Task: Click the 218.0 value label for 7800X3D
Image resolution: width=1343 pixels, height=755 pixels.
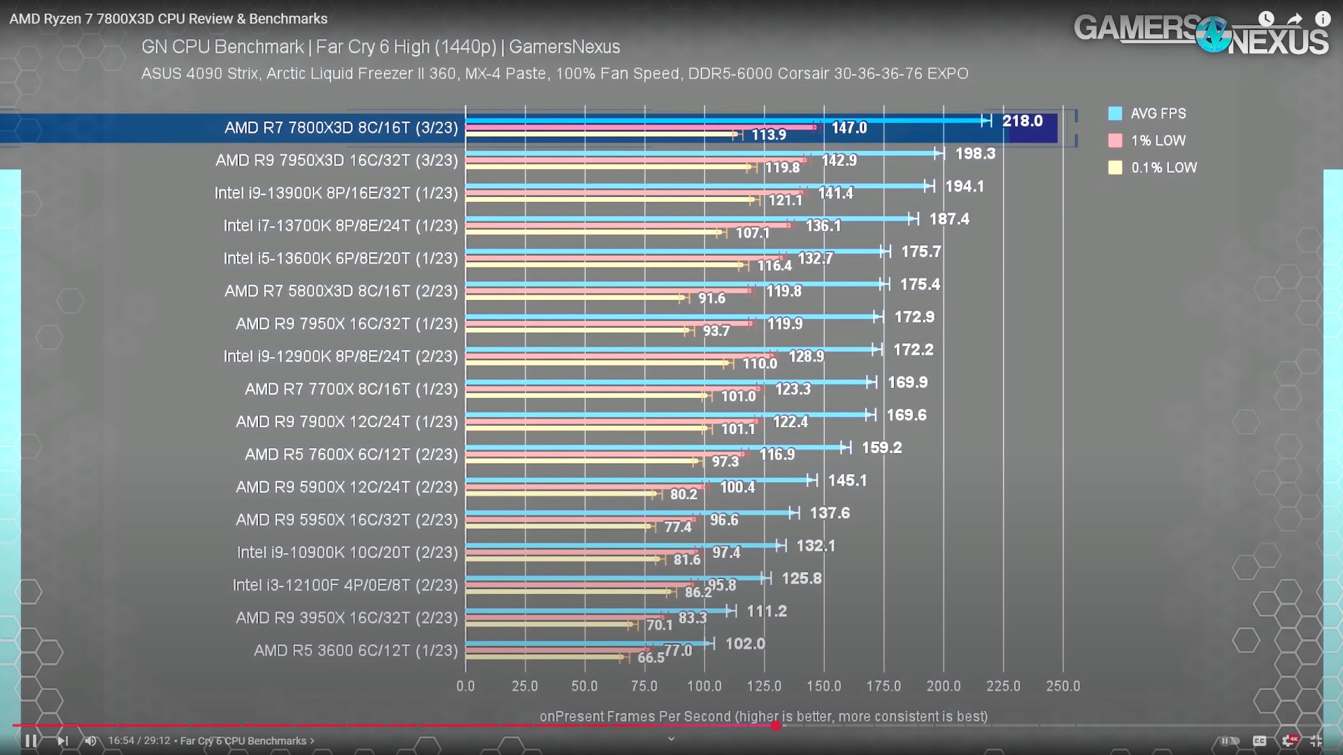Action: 1022,121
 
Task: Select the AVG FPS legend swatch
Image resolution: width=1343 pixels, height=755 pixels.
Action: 1115,113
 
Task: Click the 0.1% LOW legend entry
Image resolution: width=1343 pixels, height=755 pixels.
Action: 1163,168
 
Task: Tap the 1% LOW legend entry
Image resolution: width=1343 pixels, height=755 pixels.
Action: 1158,141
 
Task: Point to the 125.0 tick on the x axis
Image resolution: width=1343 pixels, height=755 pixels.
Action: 764,686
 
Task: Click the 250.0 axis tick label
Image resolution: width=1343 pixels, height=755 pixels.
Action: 1063,686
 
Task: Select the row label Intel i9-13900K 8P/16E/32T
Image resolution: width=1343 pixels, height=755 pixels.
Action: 336,193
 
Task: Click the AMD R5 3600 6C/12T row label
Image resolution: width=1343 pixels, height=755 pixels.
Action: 355,651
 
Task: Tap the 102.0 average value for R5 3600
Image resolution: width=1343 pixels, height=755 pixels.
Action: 745,644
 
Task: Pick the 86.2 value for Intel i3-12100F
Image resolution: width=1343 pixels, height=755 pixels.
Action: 697,592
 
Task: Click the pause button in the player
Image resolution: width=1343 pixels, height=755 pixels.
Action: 31,740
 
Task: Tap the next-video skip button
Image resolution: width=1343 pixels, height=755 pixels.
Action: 62,740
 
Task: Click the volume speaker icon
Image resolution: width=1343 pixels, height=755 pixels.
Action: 90,740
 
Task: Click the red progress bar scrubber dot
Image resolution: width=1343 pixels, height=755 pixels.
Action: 776,726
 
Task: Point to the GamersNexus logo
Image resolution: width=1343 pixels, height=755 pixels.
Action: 1200,34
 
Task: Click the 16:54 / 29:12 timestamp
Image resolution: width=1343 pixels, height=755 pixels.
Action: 138,740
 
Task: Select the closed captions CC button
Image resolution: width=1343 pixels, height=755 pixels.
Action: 1259,740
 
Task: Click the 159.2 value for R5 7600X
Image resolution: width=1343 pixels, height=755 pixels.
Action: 881,447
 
